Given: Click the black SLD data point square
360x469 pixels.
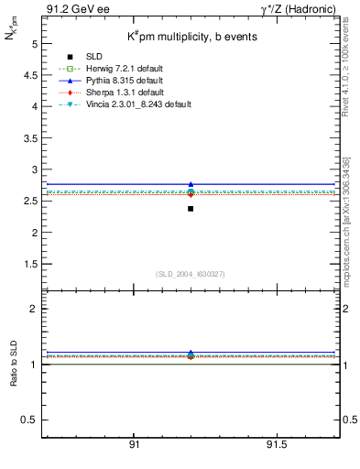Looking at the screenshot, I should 191,209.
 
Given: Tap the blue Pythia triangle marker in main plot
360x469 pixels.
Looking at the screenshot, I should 191,184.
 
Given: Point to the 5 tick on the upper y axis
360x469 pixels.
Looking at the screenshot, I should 34,44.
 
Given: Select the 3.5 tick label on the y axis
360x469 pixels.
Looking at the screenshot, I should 28,138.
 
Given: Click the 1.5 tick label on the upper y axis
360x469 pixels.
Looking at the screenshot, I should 28,264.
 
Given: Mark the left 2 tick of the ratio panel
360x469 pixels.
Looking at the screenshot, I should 34,310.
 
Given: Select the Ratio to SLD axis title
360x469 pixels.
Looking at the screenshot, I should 14,365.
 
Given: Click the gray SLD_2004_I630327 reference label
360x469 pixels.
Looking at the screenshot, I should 191,274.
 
